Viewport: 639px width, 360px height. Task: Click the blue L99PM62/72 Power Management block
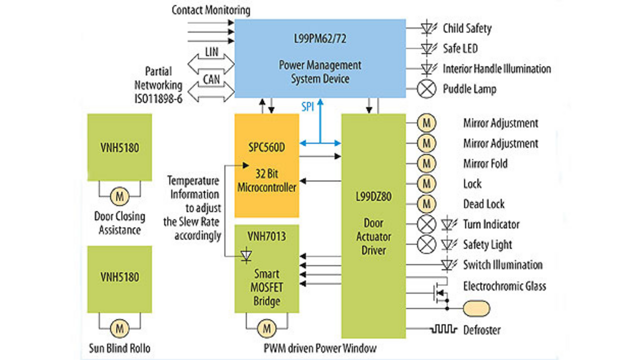click(x=320, y=58)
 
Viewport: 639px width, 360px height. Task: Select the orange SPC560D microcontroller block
click(x=267, y=165)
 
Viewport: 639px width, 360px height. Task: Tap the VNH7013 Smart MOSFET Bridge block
click(x=267, y=269)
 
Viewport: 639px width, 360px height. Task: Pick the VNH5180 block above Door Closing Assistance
click(x=120, y=147)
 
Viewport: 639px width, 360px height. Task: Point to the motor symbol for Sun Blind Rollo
click(x=119, y=328)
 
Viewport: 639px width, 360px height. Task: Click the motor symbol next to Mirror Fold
click(x=426, y=163)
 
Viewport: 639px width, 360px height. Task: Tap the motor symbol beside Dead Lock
click(x=426, y=204)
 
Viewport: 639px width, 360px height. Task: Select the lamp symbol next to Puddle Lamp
click(x=426, y=89)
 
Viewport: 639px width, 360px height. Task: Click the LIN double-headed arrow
click(x=211, y=62)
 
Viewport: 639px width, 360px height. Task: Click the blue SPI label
click(x=308, y=107)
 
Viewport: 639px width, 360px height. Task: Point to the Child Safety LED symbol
click(x=427, y=28)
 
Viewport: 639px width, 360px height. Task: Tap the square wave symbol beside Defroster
click(x=444, y=330)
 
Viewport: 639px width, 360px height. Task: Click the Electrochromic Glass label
click(x=504, y=286)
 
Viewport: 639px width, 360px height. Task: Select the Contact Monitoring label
click(x=211, y=10)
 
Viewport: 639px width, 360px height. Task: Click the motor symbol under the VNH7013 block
click(x=267, y=328)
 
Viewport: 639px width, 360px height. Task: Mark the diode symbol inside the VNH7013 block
click(x=246, y=256)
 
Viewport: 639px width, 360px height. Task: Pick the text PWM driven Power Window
click(x=319, y=348)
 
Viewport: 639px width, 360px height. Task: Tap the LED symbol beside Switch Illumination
click(x=449, y=265)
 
